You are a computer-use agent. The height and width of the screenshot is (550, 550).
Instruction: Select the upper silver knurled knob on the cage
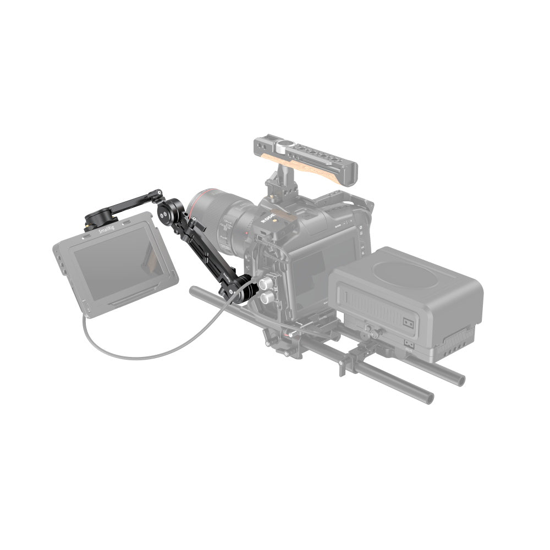tap(266, 283)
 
